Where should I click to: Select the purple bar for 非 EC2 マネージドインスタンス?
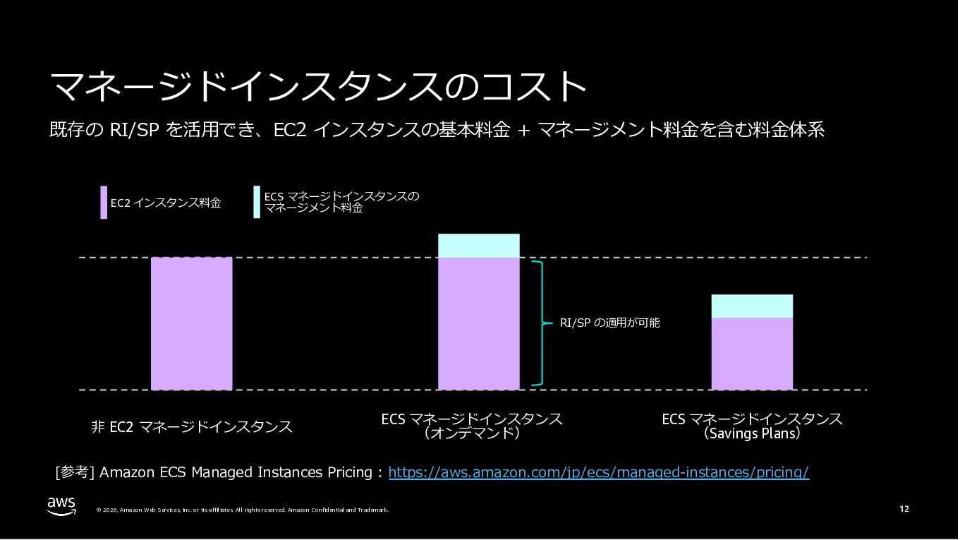tap(191, 323)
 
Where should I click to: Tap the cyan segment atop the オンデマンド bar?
tap(478, 246)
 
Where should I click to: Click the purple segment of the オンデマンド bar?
tap(478, 323)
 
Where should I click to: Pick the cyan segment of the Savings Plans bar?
tap(751, 306)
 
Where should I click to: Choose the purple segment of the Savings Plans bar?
tap(751, 353)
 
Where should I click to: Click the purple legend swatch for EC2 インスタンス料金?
tap(104, 203)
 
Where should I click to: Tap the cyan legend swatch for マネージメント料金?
tap(257, 203)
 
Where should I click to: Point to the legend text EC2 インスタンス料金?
tap(166, 203)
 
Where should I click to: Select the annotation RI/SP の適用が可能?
tap(609, 323)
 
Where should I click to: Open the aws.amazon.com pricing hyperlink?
tap(598, 472)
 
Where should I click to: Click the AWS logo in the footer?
tap(62, 506)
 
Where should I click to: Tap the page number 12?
tap(904, 509)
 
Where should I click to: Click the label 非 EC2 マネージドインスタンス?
tap(191, 426)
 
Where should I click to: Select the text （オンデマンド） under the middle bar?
tap(471, 433)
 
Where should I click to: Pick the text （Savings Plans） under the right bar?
tap(752, 433)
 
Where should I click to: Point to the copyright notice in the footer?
tap(242, 510)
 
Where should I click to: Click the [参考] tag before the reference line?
tap(75, 472)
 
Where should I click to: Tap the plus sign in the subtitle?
tap(523, 131)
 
